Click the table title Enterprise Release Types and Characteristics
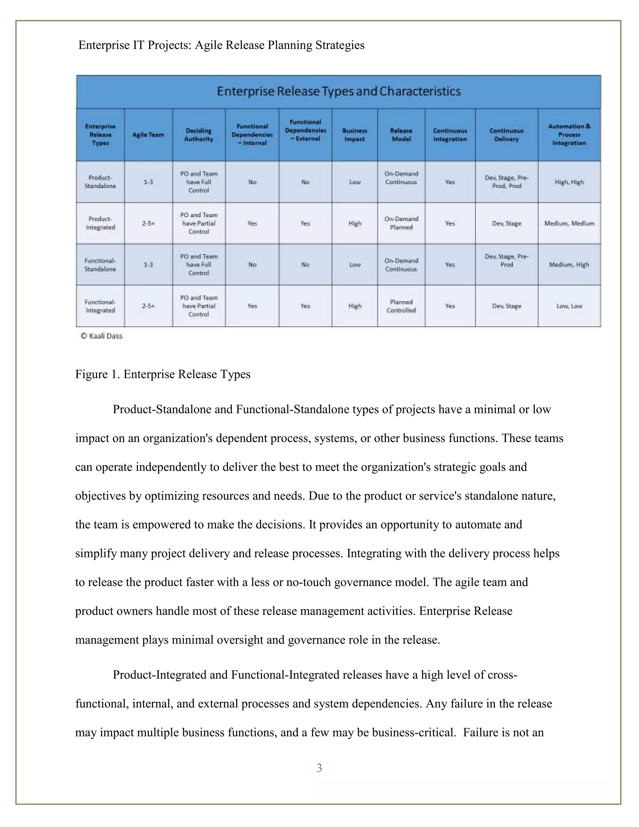[339, 91]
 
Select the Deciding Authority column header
[198, 135]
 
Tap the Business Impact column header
[354, 135]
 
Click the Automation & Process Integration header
[569, 135]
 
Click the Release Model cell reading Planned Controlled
[401, 306]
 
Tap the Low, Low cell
[569, 306]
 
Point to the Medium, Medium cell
[569, 223]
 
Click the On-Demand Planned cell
[401, 223]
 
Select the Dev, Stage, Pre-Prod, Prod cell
[506, 182]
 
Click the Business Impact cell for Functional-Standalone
[355, 265]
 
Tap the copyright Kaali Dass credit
[101, 336]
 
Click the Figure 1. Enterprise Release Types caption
[163, 374]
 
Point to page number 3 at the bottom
[319, 768]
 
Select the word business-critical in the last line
[413, 732]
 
